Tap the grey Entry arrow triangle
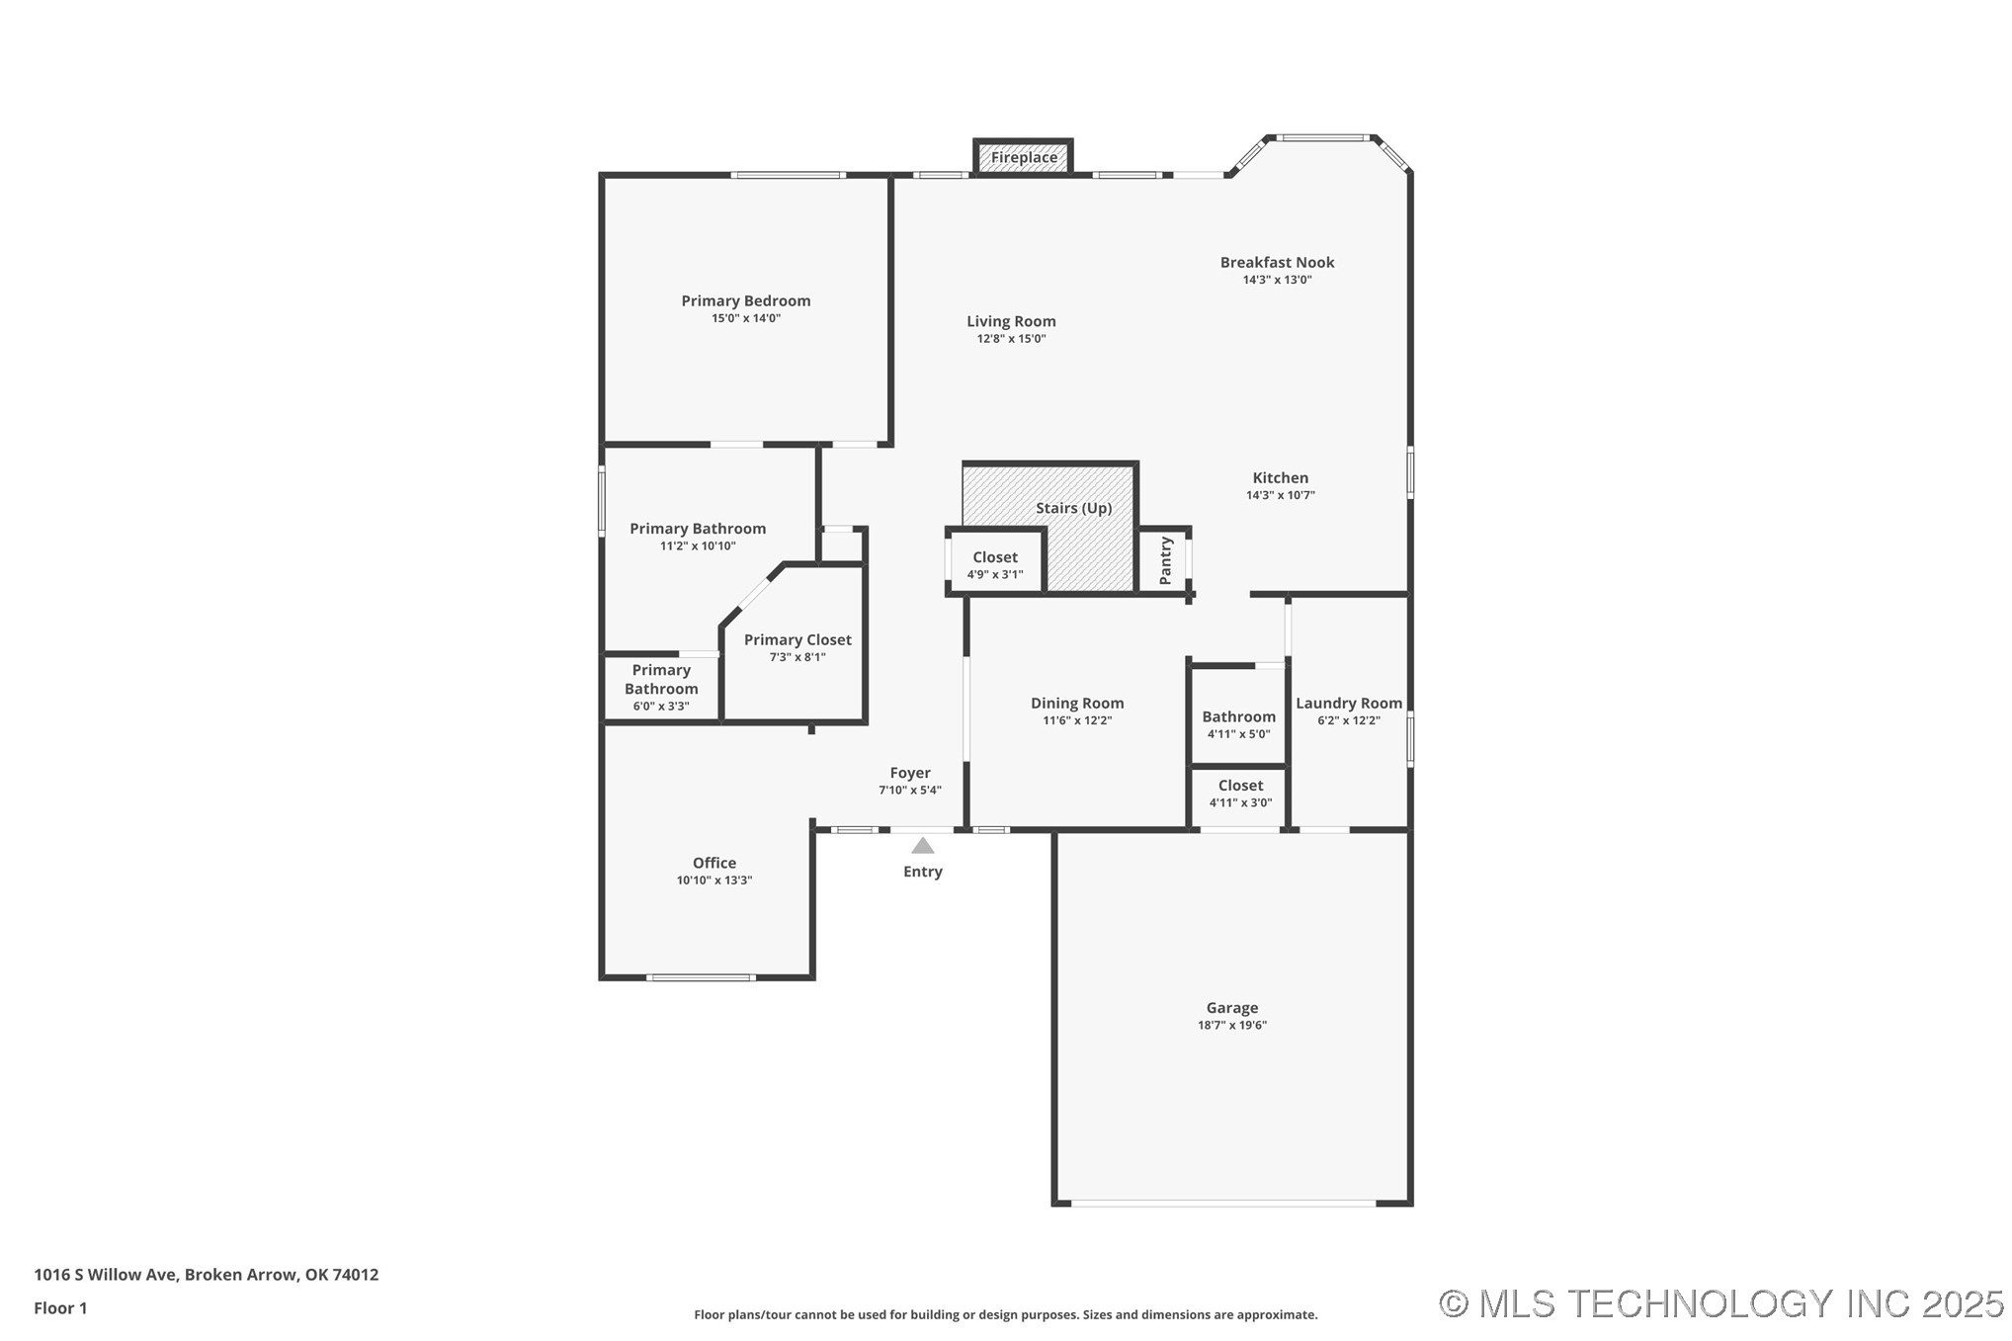[922, 846]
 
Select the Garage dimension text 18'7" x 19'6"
[1231, 1026]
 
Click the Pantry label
[1165, 560]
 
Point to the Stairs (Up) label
[1073, 508]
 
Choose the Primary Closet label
[797, 640]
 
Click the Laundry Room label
[1348, 704]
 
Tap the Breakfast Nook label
[1277, 263]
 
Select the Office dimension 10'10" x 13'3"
[713, 880]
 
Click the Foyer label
[909, 774]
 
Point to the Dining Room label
[1077, 704]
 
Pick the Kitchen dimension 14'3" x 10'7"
[1280, 496]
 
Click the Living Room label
[1011, 321]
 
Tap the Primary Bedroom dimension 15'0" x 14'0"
[746, 318]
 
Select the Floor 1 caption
[60, 1308]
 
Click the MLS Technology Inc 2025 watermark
[1720, 1303]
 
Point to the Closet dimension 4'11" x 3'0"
[1240, 803]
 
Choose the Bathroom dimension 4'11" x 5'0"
[1238, 734]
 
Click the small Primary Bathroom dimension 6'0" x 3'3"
[661, 707]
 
